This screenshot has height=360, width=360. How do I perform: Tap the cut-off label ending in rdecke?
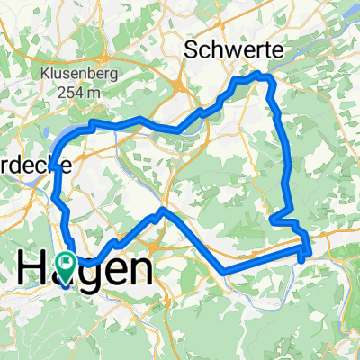(25, 167)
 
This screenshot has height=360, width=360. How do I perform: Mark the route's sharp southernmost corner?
(221, 271)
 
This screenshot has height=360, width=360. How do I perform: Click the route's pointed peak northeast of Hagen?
(161, 210)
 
